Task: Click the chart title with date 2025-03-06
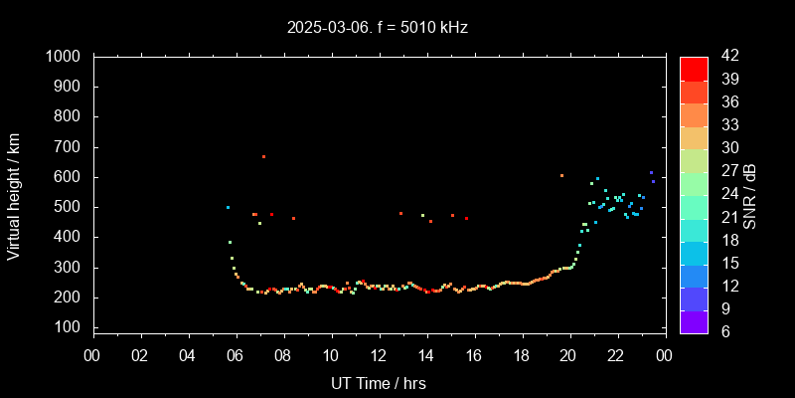pos(377,27)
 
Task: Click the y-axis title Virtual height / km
pos(14,192)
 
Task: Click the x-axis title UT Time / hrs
pos(378,382)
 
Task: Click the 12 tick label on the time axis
pos(378,355)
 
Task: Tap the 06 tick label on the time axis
pos(236,355)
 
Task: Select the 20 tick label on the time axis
pos(568,355)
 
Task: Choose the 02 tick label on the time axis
pos(140,355)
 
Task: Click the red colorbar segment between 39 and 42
pos(694,68)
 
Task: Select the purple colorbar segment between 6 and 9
pos(694,319)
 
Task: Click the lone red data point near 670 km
pos(263,156)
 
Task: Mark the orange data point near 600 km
pos(561,175)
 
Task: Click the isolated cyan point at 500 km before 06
pos(228,207)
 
